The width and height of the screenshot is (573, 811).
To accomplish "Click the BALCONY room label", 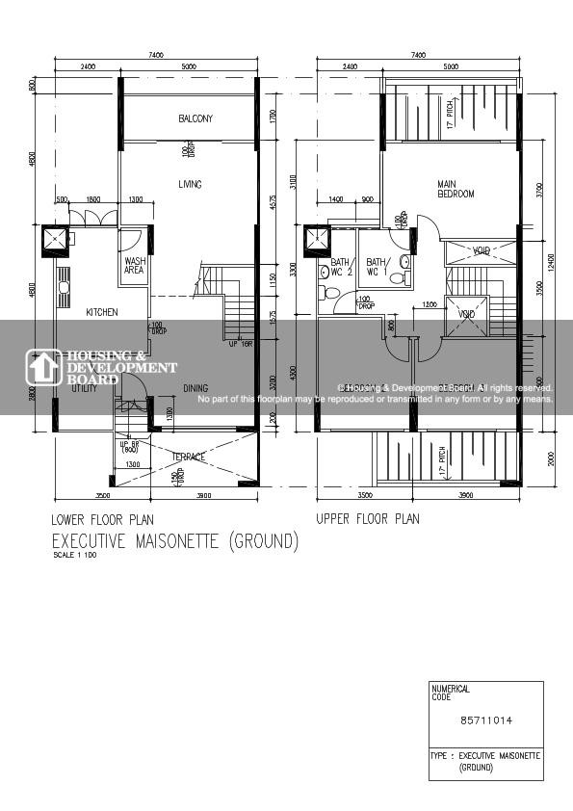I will click(x=195, y=118).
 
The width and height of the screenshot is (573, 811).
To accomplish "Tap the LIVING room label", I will click(x=190, y=184).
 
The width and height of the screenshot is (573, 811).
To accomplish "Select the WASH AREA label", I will click(x=135, y=265).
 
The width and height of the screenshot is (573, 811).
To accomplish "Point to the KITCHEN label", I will click(x=102, y=312).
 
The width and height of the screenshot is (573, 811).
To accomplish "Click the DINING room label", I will click(x=195, y=389).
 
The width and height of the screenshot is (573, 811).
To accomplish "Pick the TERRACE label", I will click(x=188, y=457).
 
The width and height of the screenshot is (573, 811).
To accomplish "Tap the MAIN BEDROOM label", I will click(x=456, y=189).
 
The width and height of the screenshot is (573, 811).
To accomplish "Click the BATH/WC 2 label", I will click(x=341, y=267).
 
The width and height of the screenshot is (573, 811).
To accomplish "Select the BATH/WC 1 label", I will click(x=376, y=267).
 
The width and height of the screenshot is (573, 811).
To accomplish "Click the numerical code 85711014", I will click(x=485, y=719).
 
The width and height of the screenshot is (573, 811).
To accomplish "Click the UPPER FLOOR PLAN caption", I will click(x=368, y=519).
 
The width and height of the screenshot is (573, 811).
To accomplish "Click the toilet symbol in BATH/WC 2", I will click(x=332, y=293).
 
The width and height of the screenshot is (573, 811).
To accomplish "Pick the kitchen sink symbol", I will click(x=64, y=287).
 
